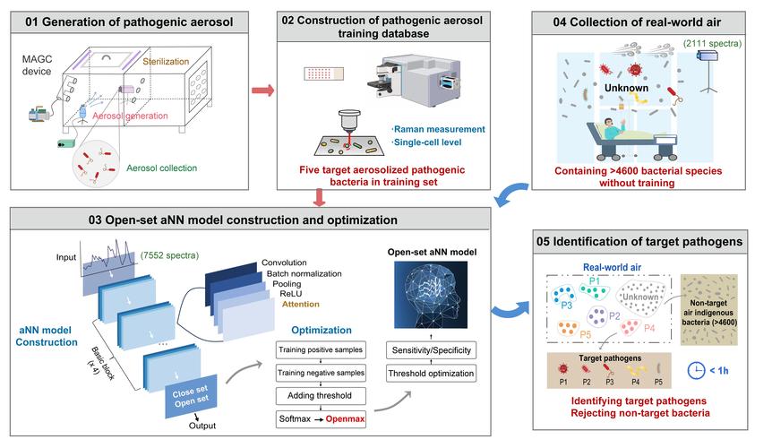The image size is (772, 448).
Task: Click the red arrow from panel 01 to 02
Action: (262, 90)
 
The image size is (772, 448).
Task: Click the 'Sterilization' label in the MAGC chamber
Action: (172, 63)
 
